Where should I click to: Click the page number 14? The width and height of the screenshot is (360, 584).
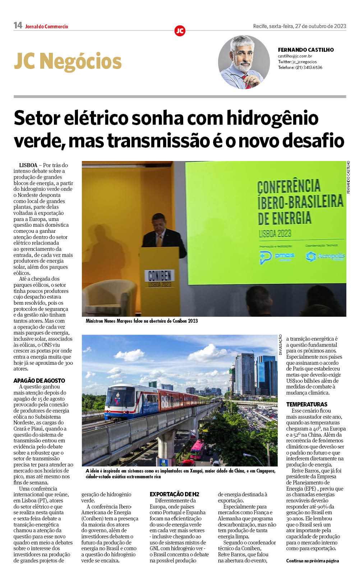pos(18,26)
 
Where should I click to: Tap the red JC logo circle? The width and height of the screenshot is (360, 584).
pos(180,31)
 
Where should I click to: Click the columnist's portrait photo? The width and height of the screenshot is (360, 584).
pos(244,62)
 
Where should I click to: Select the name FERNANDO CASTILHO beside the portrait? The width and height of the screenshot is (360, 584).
pos(305,50)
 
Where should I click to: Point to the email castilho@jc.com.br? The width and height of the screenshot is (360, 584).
pos(295,56)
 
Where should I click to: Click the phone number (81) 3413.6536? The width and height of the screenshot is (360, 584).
pos(308,68)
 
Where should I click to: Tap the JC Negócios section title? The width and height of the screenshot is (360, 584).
pos(68,61)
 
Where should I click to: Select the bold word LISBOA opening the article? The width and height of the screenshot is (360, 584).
pos(28,165)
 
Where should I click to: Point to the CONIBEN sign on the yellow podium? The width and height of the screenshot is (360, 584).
pos(160,276)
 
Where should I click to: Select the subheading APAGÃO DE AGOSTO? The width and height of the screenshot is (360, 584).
pos(39,381)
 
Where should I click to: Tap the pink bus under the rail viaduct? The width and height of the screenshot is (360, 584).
pos(197,450)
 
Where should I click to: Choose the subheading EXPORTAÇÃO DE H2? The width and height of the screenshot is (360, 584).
pos(174,495)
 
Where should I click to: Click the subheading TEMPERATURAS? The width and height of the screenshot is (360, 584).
pos(306,404)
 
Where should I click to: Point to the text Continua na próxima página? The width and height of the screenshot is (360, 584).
pos(312,561)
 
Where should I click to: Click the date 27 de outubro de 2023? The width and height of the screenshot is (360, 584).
pos(320,26)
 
